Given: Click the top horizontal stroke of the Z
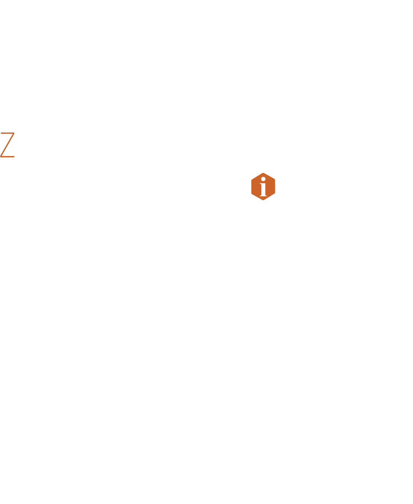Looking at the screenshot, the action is [x=8, y=133].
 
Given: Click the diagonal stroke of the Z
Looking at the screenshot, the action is [x=8, y=145].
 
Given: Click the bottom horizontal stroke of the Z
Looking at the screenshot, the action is [x=8, y=157].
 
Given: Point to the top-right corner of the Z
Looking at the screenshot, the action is [x=14, y=133].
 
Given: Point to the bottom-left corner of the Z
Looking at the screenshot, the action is [x=0, y=157].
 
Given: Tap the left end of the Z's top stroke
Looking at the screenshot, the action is [x=1, y=133].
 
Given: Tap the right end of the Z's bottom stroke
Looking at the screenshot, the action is [x=14, y=157].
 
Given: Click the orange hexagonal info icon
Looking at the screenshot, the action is [x=263, y=187].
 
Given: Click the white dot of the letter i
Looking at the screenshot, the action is [x=263, y=179].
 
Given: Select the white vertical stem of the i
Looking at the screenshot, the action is [x=263, y=189].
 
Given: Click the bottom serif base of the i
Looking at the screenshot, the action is [x=263, y=196].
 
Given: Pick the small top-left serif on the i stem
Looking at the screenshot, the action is [x=261, y=183].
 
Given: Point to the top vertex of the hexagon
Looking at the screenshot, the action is [x=263, y=173].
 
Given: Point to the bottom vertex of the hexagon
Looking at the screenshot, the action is [x=263, y=200].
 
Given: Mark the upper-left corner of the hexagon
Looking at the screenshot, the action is [x=252, y=180].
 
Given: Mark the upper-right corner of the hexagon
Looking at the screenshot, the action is [x=275, y=180].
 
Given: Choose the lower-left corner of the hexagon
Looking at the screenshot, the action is [x=252, y=193].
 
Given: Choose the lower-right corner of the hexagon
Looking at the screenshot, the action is [x=275, y=193].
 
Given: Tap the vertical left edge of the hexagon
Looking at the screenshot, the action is [x=252, y=187].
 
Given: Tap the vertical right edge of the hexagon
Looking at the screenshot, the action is [x=275, y=187].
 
